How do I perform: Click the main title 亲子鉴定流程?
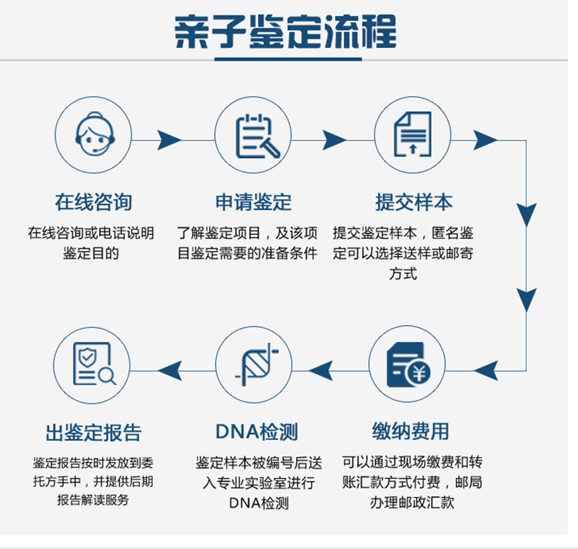[x=286, y=32]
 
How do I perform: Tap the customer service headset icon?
[x=93, y=135]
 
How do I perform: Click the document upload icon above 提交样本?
[x=412, y=135]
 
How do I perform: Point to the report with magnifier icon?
[x=93, y=365]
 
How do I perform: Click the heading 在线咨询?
[x=93, y=203]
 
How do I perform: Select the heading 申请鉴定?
[x=253, y=203]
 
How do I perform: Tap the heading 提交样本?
[x=414, y=203]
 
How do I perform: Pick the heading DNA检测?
[x=256, y=431]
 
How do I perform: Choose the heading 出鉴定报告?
[x=93, y=433]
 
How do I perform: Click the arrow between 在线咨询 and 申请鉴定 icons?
[x=168, y=140]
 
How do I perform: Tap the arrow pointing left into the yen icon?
[x=487, y=370]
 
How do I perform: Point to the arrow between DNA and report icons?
[x=170, y=370]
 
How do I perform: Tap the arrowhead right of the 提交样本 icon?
[x=485, y=140]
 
